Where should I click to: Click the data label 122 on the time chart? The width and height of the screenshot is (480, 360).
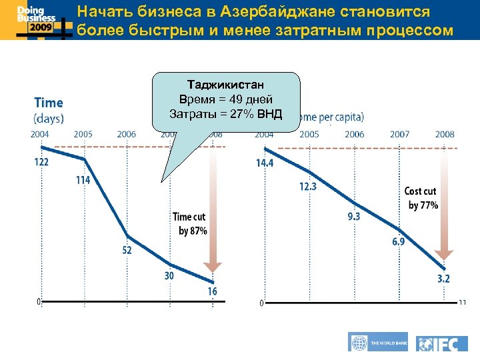[41, 162]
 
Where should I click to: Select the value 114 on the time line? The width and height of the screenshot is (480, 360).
[83, 180]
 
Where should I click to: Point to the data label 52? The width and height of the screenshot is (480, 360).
[127, 250]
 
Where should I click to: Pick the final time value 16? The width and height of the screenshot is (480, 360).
[211, 291]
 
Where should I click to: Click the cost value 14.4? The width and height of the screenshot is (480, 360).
[265, 163]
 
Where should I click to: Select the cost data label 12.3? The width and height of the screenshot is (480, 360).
[308, 187]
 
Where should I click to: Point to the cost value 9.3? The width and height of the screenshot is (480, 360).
[354, 216]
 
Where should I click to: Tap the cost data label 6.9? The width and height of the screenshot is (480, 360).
[398, 242]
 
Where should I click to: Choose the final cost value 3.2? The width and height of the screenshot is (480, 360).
[444, 279]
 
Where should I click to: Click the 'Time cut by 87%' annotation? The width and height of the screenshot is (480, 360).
[190, 224]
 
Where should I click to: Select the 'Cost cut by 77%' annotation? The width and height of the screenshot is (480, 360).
[421, 199]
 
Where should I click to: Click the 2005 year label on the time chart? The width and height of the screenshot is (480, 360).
[83, 134]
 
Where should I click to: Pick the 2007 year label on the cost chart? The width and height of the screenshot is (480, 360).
[399, 134]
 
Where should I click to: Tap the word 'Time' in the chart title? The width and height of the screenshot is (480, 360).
[48, 103]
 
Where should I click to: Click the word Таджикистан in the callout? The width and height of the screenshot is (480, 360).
[226, 86]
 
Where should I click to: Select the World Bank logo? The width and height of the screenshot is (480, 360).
[378, 342]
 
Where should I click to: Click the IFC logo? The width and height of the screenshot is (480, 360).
[441, 343]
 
